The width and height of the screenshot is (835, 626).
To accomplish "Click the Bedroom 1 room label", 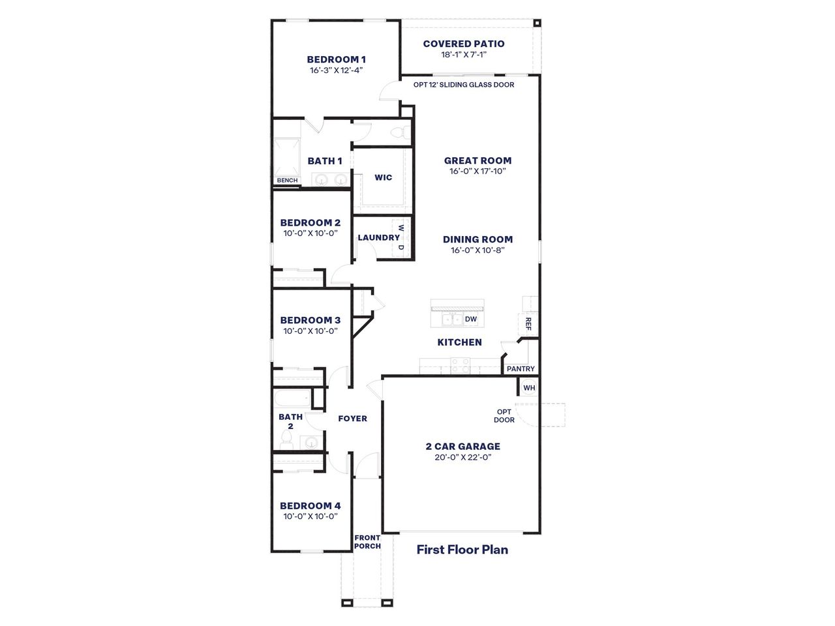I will coord(336,59).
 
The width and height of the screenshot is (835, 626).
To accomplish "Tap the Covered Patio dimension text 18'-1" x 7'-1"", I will coord(463,55).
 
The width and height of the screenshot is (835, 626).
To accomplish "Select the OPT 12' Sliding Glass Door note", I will coord(463,85).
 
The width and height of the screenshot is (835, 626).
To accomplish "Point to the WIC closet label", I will coord(383,177).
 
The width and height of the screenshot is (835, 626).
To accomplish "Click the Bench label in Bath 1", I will coord(287,181).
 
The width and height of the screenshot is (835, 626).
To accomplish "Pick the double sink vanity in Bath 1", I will coord(330,180).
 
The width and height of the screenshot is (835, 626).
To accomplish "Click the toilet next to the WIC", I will coord(399,133).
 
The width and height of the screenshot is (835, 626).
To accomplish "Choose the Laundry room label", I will coord(378,237).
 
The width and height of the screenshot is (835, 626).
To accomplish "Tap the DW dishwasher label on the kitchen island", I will coord(470,319).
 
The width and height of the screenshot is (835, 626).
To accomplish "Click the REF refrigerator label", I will coord(528,324).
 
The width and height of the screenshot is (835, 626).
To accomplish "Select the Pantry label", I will coord(521,369).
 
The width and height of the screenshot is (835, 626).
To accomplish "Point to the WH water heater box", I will coord(528,387).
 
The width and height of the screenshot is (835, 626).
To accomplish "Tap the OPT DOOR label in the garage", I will coord(505,415).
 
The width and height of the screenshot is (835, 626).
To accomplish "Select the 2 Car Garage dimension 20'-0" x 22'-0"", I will coord(463,457).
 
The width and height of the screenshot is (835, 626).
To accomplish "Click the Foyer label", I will coord(352,419).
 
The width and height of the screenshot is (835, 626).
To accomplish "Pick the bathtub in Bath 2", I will coord(292,397).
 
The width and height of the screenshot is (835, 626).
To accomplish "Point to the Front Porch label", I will coord(367,542).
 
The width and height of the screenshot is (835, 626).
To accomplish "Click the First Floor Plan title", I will coord(462,550).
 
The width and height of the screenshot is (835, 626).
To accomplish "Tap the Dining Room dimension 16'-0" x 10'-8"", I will coord(478,250).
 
